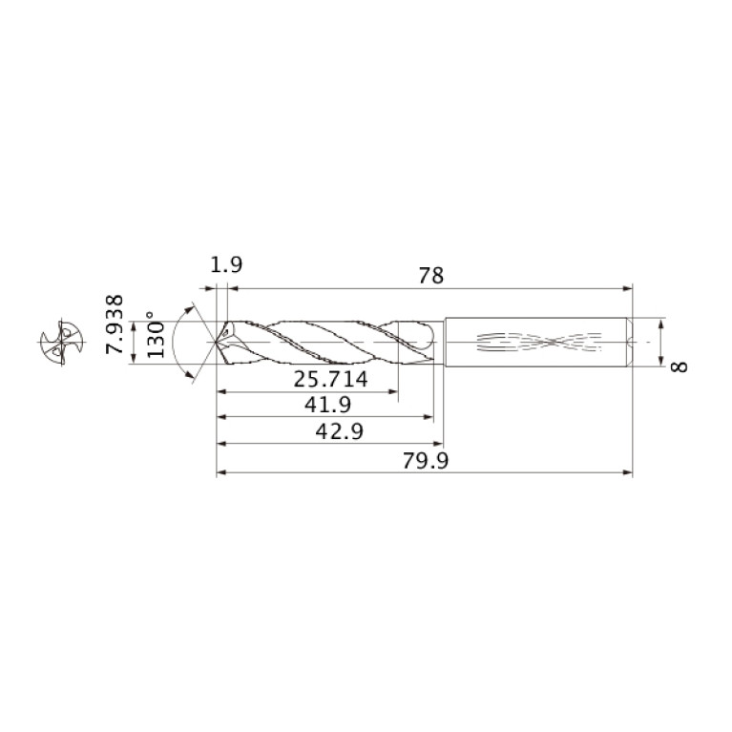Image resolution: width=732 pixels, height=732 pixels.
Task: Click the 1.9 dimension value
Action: pos(226,264)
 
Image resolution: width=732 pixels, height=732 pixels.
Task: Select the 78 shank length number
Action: pos(430,276)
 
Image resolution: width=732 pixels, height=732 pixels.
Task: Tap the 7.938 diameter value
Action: pos(115,324)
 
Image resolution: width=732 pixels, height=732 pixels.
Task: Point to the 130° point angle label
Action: pos(156,334)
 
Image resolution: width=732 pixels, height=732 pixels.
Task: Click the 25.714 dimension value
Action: pos(330,379)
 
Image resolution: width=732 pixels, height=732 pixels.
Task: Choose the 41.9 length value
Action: pos(327,405)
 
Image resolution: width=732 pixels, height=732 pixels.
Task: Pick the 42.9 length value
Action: pos(340,431)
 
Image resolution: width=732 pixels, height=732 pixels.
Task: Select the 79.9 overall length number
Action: pos(426,461)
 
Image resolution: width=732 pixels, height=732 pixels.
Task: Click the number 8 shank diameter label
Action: pos(679,366)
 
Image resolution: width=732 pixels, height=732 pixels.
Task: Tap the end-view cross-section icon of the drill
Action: pos(61,343)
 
